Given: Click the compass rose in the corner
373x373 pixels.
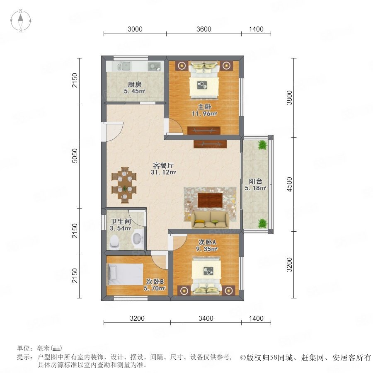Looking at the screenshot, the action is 21,21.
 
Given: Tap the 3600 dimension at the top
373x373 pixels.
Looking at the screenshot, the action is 204,29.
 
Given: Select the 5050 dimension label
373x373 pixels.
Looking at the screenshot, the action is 75,155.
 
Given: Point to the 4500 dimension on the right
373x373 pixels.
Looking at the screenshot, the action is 289,184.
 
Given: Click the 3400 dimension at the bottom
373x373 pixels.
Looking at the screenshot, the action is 206,318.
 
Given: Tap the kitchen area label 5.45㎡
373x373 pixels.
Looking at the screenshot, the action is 135,91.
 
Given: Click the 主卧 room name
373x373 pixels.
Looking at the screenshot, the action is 204,107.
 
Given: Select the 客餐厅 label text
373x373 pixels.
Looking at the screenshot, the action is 163,165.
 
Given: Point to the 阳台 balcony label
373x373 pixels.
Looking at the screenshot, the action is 255,181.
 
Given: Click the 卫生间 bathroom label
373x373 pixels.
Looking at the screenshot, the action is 121,221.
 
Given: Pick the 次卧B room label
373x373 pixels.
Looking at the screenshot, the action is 155,282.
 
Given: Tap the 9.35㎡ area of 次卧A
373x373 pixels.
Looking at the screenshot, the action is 207,249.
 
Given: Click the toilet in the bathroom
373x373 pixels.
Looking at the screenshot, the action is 115,242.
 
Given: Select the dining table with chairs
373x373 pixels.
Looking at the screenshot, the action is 124,185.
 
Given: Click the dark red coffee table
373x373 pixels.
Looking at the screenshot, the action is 210,200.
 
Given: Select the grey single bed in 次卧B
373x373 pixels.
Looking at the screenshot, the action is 124,274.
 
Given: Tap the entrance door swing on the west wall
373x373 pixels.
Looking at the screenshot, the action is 113,131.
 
